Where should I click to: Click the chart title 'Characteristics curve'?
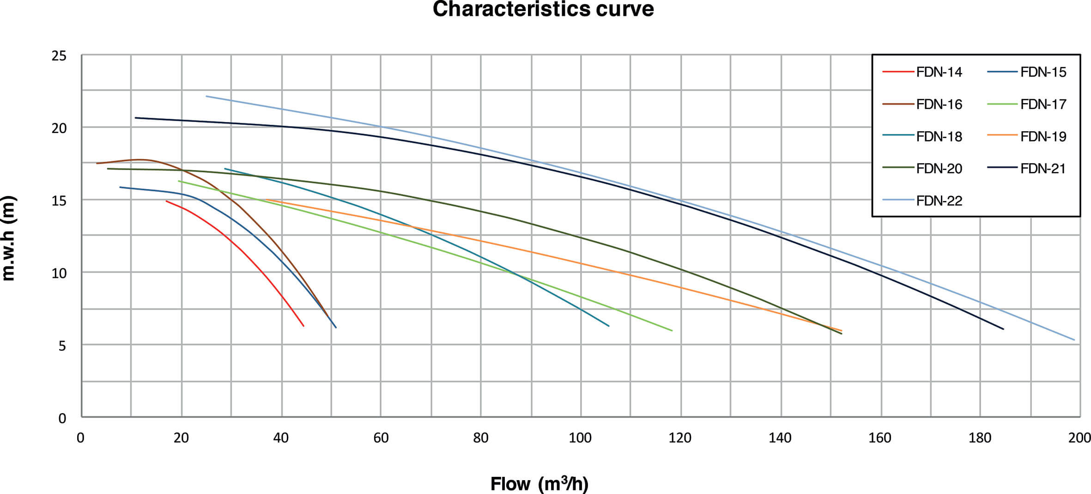pyautogui.click(x=543, y=9)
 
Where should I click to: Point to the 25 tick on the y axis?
pyautogui.click(x=59, y=56)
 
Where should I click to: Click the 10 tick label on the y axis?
pyautogui.click(x=59, y=273)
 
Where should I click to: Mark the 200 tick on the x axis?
pyautogui.click(x=1079, y=438)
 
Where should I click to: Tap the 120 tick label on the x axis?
pyautogui.click(x=680, y=438)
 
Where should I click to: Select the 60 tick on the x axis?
pyautogui.click(x=381, y=438)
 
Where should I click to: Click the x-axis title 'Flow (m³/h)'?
pyautogui.click(x=539, y=484)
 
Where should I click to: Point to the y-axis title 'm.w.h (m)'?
pyautogui.click(x=9, y=238)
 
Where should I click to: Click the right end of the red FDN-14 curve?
pyautogui.click(x=303, y=326)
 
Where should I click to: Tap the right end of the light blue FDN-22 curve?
pyautogui.click(x=1074, y=340)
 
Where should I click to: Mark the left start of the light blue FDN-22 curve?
pyautogui.click(x=206, y=96)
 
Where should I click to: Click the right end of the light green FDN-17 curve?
pyautogui.click(x=672, y=330)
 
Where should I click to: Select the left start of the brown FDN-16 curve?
pyautogui.click(x=97, y=163)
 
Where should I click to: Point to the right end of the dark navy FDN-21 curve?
pyautogui.click(x=1003, y=329)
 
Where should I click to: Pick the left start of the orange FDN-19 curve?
pyautogui.click(x=267, y=200)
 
